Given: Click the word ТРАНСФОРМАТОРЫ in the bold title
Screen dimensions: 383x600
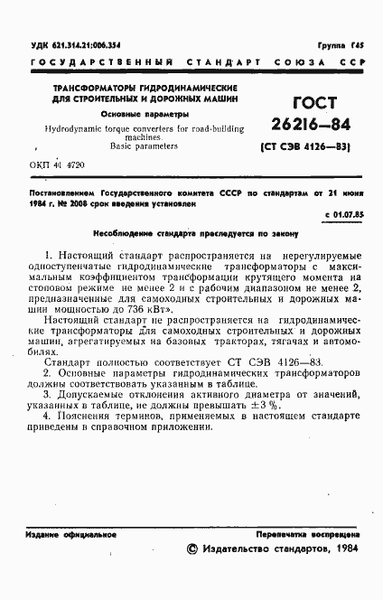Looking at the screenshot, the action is (79, 87).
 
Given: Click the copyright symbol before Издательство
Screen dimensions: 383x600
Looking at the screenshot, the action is (191, 548).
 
